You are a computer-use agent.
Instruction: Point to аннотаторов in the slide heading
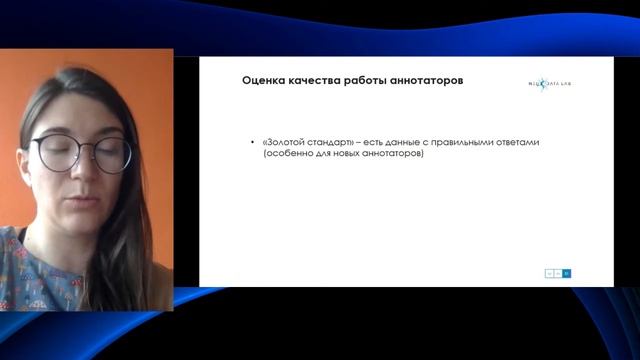point(432,80)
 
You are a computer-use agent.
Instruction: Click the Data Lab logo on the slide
point(550,83)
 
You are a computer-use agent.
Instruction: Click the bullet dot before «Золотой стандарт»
point(253,143)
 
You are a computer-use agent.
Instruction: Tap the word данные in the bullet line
point(411,142)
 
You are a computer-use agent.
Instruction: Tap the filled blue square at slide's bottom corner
point(567,272)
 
